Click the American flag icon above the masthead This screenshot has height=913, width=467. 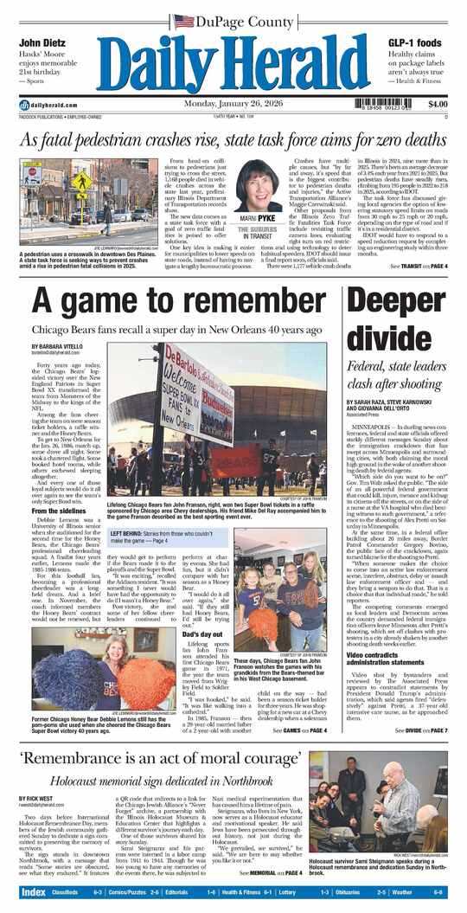coord(183,21)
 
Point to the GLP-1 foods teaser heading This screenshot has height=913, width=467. coord(414,43)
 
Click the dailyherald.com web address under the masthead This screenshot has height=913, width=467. coord(43,105)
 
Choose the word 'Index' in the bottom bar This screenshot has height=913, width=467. coord(34,891)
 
